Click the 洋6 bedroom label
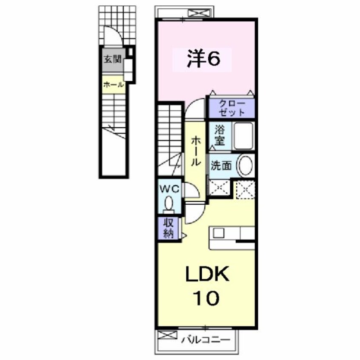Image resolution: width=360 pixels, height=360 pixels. tap(203, 59)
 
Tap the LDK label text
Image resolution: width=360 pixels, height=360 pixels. tap(207, 276)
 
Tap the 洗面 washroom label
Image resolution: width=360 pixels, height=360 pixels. tap(221, 166)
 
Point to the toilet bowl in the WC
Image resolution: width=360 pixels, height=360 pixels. tap(169, 203)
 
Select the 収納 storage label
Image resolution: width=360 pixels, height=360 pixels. tap(169, 229)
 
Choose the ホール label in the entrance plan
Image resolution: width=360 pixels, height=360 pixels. tap(112, 84)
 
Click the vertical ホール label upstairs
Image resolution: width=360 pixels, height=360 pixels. tap(196, 151)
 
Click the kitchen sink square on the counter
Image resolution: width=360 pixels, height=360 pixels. tap(219, 233)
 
